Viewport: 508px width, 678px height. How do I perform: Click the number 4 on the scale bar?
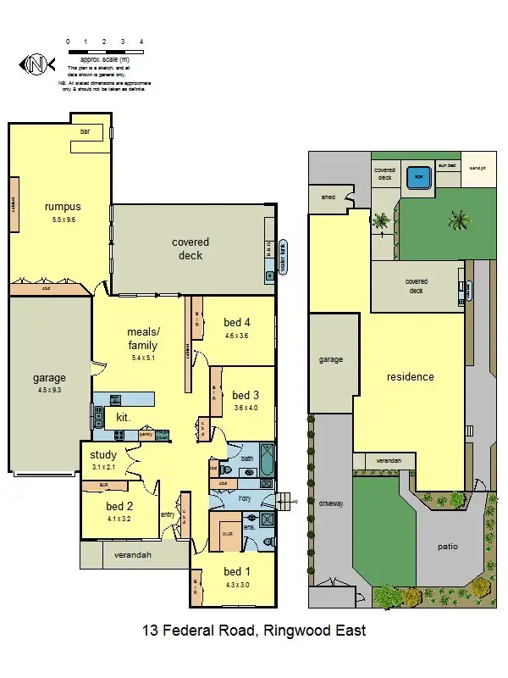[x=141, y=41]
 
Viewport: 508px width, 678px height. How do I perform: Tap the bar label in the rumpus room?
[x=85, y=133]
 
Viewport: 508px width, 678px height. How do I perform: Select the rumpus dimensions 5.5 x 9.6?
[x=63, y=220]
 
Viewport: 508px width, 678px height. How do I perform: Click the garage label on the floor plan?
[x=49, y=378]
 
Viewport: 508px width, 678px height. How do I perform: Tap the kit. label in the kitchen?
[x=123, y=417]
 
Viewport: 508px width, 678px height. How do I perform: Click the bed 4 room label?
[x=237, y=322]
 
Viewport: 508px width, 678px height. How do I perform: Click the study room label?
[x=103, y=455]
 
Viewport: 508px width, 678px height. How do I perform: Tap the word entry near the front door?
[x=168, y=514]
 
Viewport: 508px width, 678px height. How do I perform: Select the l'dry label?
[x=246, y=499]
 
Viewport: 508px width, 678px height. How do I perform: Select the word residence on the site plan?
[x=411, y=376]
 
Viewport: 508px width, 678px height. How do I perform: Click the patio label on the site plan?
[x=448, y=547]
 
